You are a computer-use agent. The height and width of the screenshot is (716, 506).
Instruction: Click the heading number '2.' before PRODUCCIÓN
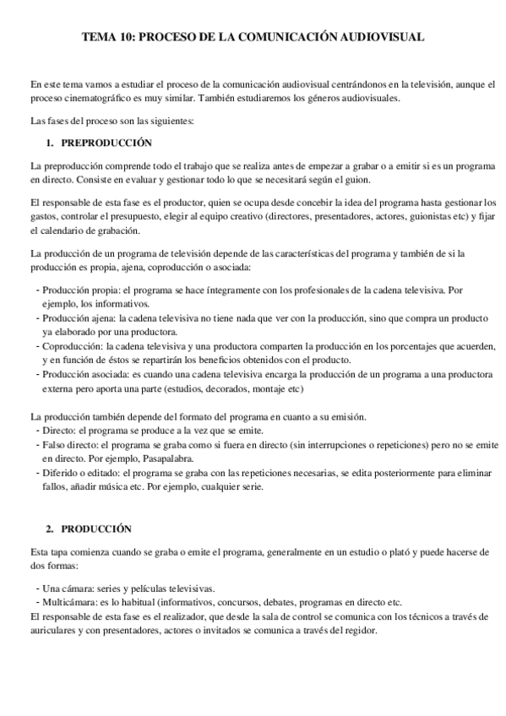[51, 529]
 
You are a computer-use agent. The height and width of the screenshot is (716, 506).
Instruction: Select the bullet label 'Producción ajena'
[78, 318]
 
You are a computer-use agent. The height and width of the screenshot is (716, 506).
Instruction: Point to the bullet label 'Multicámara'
[68, 602]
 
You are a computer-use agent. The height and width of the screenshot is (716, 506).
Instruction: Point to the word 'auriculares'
[52, 631]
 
